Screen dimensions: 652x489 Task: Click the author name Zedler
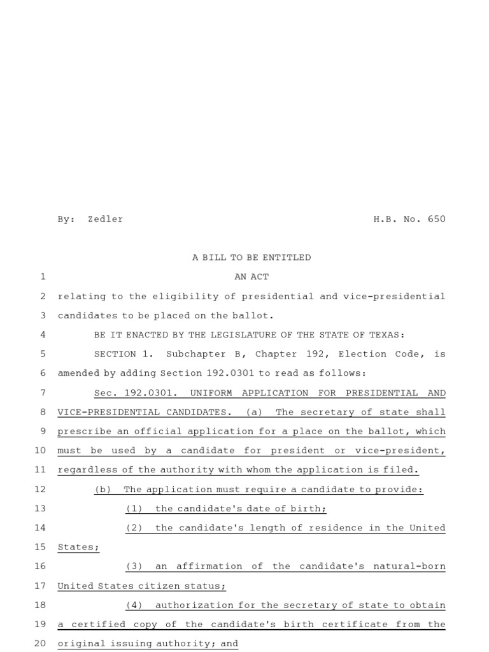pyautogui.click(x=105, y=219)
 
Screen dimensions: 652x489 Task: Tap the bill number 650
pyautogui.click(x=437, y=219)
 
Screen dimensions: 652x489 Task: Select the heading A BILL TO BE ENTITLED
pyautogui.click(x=252, y=257)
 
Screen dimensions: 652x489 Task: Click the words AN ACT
pyautogui.click(x=252, y=276)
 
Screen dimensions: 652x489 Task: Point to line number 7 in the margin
pyautogui.click(x=42, y=393)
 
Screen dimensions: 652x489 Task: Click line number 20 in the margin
pyautogui.click(x=39, y=643)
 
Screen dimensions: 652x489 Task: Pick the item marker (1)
pyautogui.click(x=134, y=509)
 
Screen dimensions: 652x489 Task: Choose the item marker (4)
pyautogui.click(x=134, y=605)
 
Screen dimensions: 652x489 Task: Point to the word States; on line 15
pyautogui.click(x=78, y=547)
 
